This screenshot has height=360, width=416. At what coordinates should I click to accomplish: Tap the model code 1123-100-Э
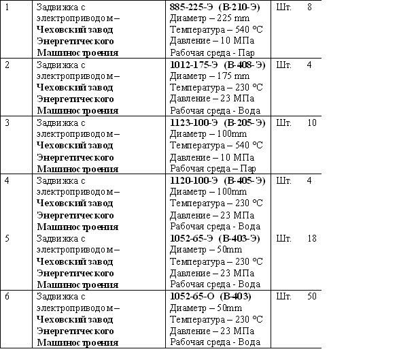tap(194, 122)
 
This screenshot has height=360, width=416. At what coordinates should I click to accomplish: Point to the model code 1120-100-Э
tap(194, 180)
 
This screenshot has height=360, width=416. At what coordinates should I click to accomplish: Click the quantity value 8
tap(310, 6)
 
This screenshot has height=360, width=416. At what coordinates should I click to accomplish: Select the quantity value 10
tap(312, 122)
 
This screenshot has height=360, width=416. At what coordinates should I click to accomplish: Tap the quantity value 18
tap(312, 238)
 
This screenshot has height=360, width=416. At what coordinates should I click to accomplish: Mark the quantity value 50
tap(312, 297)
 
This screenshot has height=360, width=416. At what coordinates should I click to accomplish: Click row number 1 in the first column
tap(7, 6)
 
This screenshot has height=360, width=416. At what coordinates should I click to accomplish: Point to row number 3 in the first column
tap(7, 122)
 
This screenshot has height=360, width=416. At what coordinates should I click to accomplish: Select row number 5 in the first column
tap(7, 238)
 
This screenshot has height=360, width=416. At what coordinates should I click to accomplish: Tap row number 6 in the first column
tap(7, 297)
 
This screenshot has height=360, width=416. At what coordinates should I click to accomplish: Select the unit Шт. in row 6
tap(285, 297)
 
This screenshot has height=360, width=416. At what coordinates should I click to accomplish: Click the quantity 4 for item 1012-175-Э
tap(310, 65)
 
